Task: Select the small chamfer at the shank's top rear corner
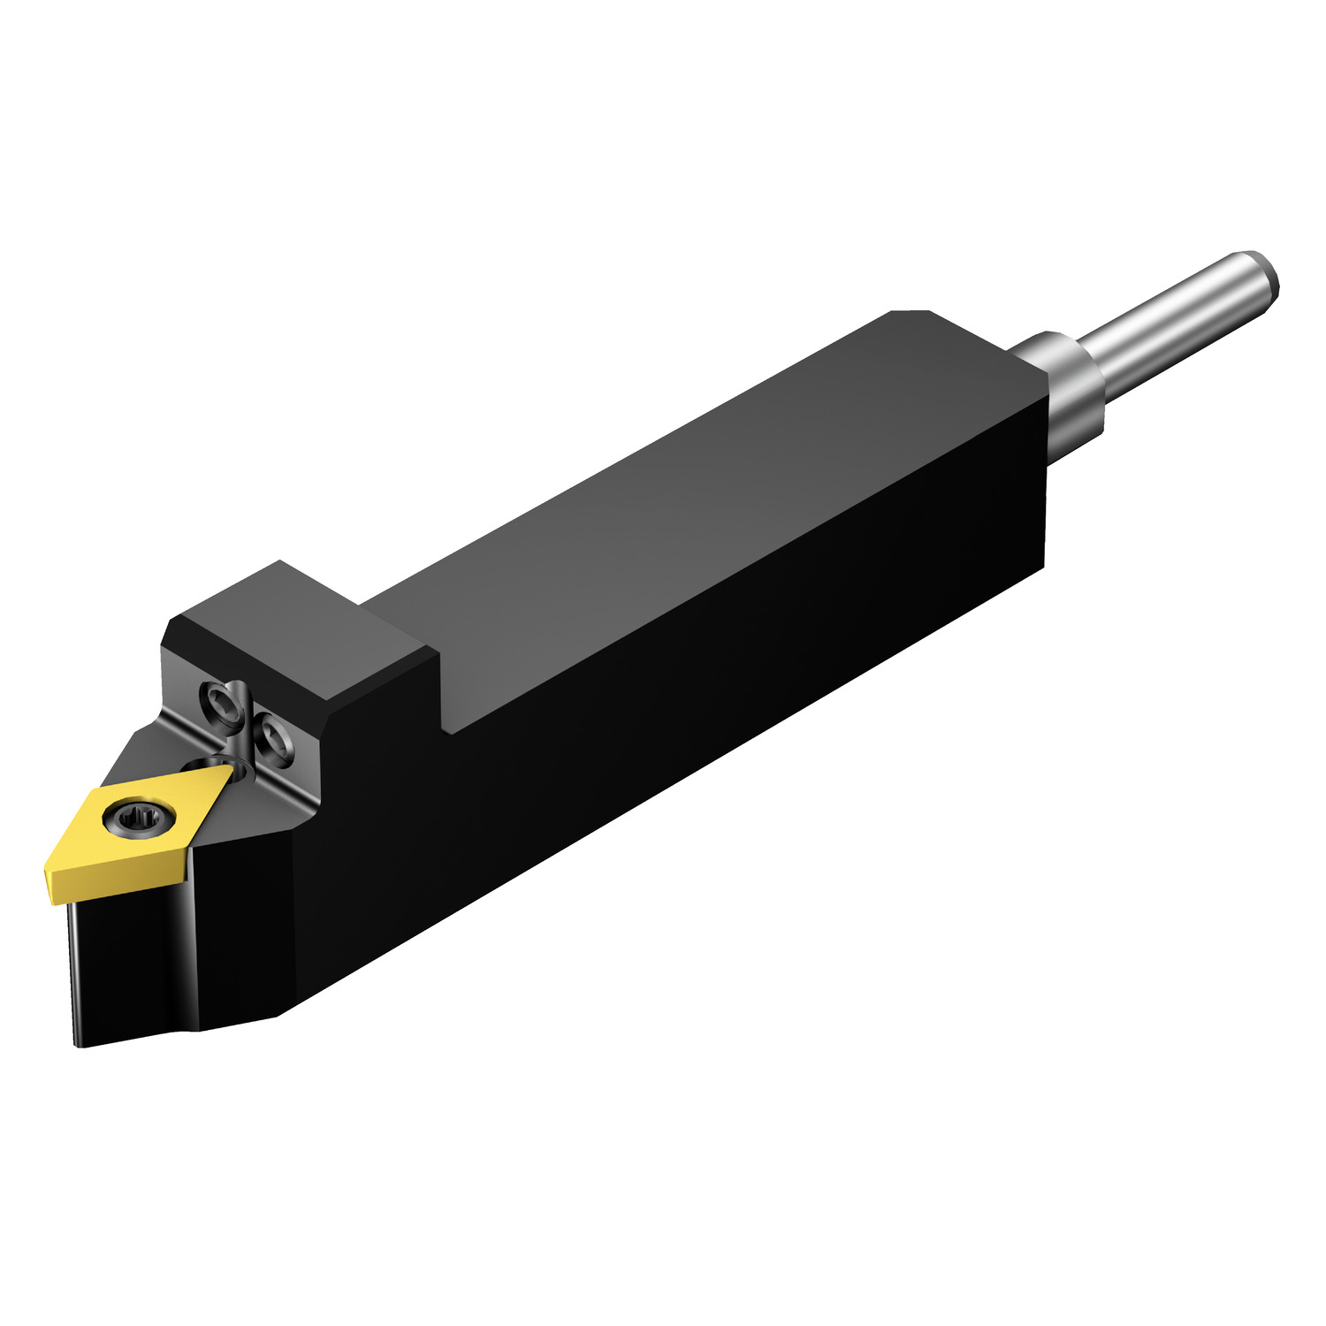click(x=911, y=313)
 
